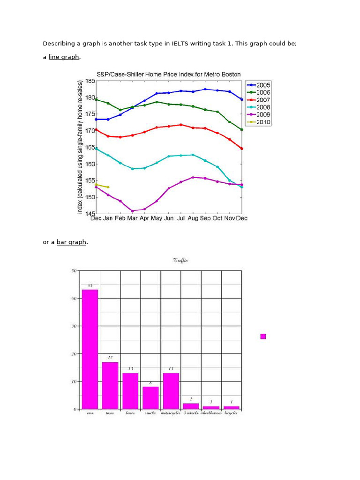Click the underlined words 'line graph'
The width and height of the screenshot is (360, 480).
coord(64,57)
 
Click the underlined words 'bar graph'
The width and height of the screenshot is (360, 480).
coord(71,242)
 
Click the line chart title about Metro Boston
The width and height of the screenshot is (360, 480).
coord(168,75)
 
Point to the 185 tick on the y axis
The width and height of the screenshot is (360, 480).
coord(90,81)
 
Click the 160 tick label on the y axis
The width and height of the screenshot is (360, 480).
coord(90,164)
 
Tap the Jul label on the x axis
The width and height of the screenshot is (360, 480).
coord(180,218)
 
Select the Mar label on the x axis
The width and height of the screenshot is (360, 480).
coord(132,218)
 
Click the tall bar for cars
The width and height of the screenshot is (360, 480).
coord(90,349)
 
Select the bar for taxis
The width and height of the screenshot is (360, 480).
coord(110,385)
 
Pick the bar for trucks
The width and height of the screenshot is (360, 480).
coord(150,397)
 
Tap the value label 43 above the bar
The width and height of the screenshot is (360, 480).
coord(90,285)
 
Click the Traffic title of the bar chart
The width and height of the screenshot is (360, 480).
coord(180,261)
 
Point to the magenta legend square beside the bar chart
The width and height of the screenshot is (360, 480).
coord(263,337)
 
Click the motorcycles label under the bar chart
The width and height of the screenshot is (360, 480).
coord(171,413)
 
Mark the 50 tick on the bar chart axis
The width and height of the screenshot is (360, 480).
coord(74,271)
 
